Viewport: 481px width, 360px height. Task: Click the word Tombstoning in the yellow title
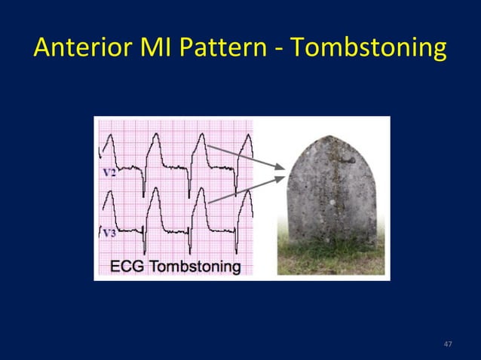pos(368,49)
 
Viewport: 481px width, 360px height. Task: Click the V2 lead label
pos(109,172)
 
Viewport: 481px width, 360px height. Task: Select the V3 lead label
pos(109,233)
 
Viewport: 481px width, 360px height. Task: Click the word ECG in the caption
pos(129,266)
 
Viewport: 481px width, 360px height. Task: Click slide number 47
pos(448,344)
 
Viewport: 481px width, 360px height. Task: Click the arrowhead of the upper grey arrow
pos(282,167)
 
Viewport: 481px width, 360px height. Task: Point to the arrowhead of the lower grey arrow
pos(282,178)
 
